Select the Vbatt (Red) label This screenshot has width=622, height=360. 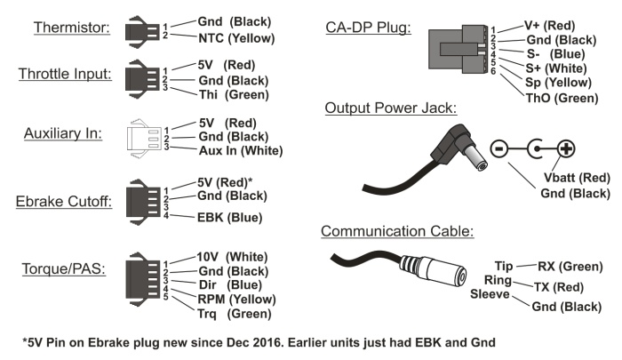pos(575,178)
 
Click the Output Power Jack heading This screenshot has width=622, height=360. pos(390,108)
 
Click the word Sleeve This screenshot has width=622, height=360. pos(487,294)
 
